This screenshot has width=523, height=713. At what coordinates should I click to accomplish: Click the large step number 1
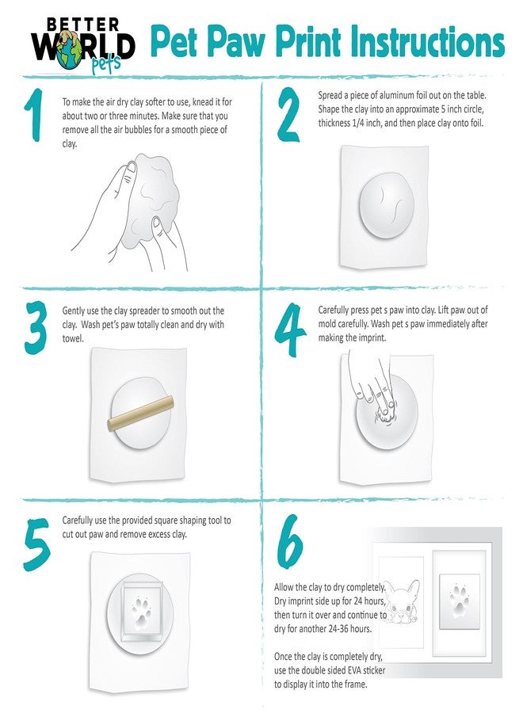tap(34, 115)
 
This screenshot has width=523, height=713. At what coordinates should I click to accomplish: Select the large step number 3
tap(36, 327)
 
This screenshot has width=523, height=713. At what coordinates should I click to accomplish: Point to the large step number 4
tap(290, 330)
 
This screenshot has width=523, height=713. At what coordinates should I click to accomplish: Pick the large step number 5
tap(36, 545)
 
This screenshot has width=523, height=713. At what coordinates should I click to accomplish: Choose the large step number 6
tap(290, 541)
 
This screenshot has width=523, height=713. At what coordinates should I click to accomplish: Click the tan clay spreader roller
tap(140, 413)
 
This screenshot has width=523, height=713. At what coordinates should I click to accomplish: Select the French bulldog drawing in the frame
tap(402, 601)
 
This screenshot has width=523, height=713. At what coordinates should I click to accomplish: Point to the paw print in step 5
tap(141, 610)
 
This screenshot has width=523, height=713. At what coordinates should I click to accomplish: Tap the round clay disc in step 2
tap(387, 205)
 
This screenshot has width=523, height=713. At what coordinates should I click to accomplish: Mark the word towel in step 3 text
tap(73, 338)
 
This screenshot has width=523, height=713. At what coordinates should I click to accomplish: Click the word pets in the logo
tap(106, 65)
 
